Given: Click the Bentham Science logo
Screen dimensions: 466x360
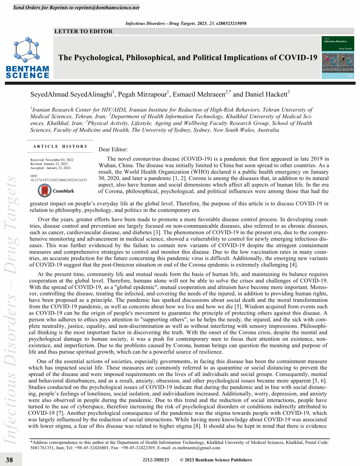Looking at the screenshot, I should (x=27, y=57).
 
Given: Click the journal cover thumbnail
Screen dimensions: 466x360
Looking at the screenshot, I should (x=338, y=57).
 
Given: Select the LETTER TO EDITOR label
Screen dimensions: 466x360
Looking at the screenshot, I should (x=83, y=31).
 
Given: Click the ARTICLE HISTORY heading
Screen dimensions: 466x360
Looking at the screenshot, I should (x=60, y=147).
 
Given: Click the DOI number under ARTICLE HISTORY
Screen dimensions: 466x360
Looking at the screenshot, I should (x=58, y=180).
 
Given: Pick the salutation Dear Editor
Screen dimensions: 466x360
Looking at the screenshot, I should (x=113, y=150).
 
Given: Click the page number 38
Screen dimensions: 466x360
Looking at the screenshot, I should (x=9, y=460).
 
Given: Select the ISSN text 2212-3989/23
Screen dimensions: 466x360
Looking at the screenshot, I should (x=156, y=460).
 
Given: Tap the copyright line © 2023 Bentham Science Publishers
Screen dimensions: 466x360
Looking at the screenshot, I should (x=216, y=460).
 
